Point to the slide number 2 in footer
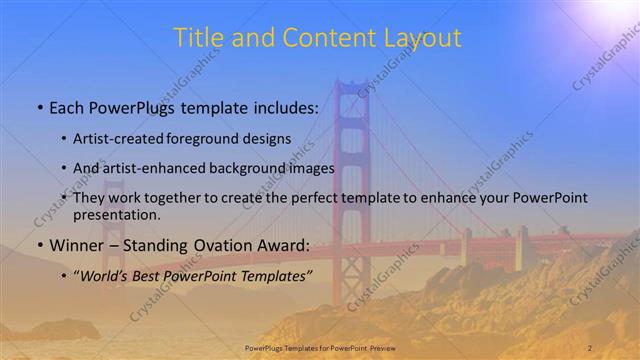click(x=590, y=348)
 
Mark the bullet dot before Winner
click(x=38, y=245)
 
